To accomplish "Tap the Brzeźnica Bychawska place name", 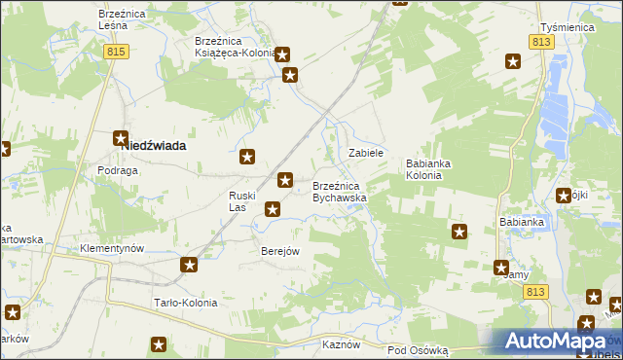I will pos(339,192).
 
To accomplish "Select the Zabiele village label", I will pos(367,154).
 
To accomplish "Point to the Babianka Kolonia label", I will pos(429,170).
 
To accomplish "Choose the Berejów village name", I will pos(280,250).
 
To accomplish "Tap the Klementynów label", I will pos(112,248).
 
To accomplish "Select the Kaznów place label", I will pos(342,344).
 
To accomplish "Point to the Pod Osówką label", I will pos(417,349).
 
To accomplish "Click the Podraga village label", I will pos(117,169).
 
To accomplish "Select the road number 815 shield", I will pos(118,52).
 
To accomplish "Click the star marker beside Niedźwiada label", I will pos(121,139).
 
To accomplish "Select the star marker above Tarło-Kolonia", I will pos(190,264).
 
